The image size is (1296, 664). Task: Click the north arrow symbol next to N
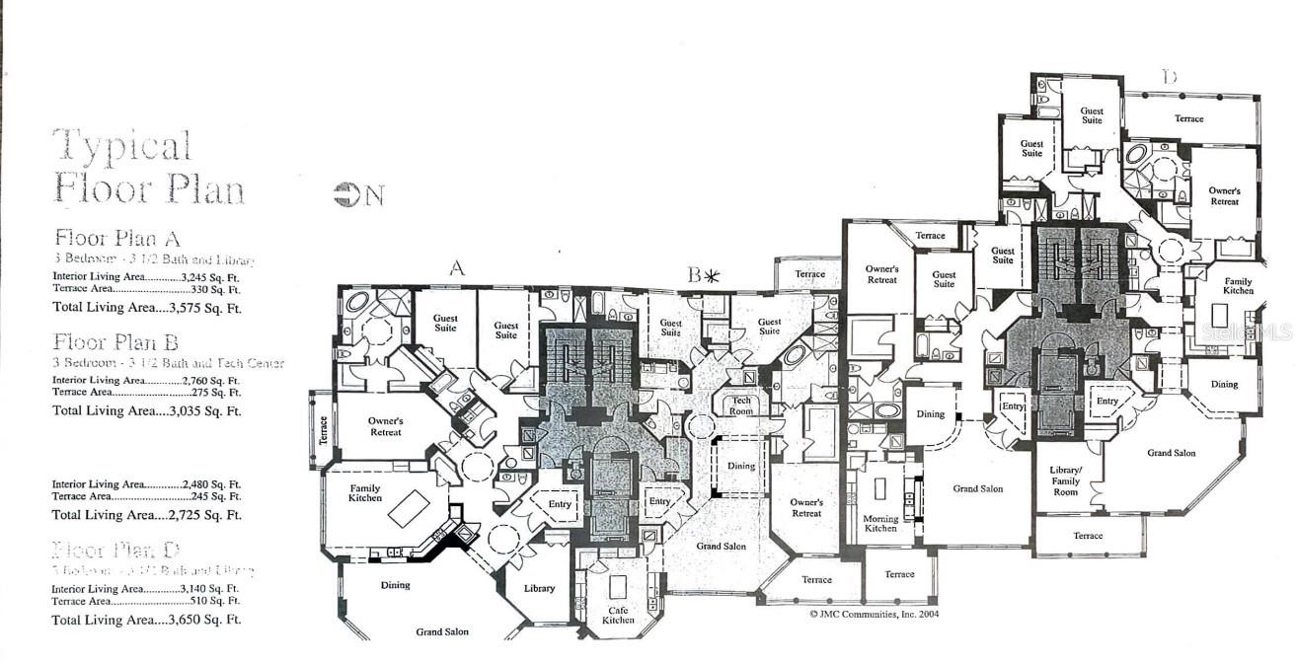pyautogui.click(x=346, y=195)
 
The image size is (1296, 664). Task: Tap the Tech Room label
pyautogui.click(x=741, y=406)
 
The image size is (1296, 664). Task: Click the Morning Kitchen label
pyautogui.click(x=880, y=524)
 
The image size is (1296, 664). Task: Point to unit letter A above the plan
pyautogui.click(x=456, y=267)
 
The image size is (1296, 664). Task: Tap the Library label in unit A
pyautogui.click(x=539, y=588)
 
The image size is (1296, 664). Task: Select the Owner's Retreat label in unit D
pyautogui.click(x=1224, y=195)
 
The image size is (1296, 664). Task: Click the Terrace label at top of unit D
pyautogui.click(x=1188, y=118)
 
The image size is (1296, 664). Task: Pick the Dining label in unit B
pyautogui.click(x=740, y=466)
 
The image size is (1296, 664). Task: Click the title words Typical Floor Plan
pyautogui.click(x=148, y=166)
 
